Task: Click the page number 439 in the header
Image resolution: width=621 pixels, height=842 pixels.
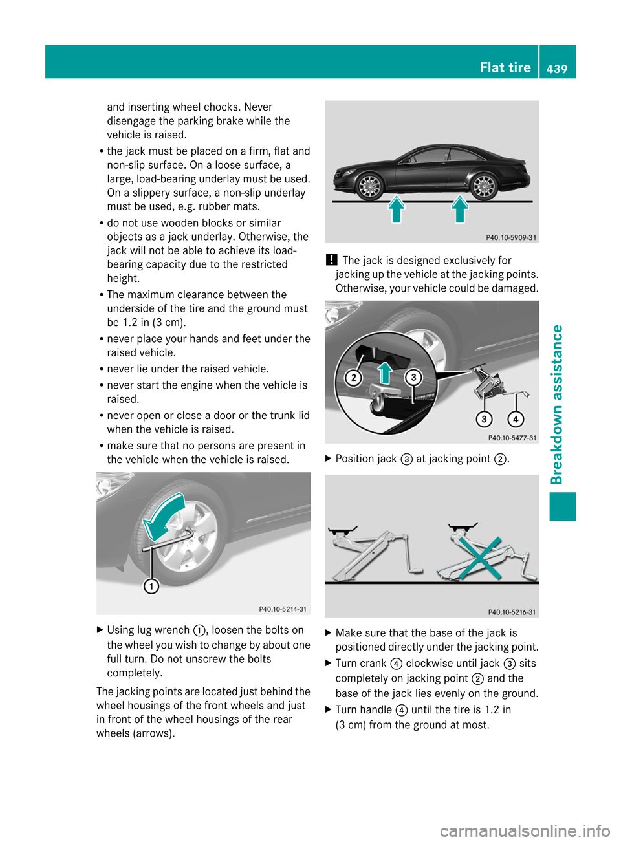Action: pos(556,68)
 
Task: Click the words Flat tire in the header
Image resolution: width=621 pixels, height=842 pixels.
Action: pos(505,67)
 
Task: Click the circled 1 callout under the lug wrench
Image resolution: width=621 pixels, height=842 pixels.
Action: pos(151,586)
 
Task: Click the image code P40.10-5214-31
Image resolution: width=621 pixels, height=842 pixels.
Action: pos(283,609)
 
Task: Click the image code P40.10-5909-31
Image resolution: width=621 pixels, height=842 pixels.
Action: pos(511,237)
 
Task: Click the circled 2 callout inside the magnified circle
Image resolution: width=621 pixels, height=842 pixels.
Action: pos(353,378)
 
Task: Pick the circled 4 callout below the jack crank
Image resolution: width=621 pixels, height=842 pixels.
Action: pos(516,419)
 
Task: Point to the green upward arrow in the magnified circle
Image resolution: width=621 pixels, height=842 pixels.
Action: pos(385,373)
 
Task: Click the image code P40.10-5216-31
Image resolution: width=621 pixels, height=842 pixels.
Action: pos(512,612)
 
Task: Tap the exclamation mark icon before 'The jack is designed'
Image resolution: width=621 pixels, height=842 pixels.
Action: pos(331,260)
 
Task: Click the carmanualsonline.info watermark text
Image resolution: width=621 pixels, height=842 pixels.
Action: pos(525,830)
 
